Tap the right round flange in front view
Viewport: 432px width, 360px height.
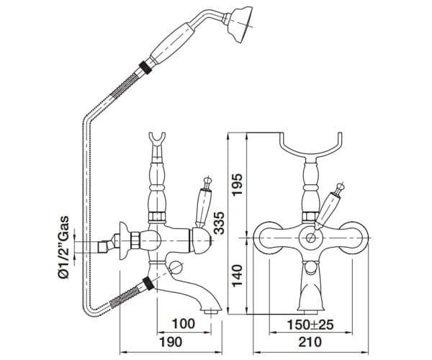pos(351,236)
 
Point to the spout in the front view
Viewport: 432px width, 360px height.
pos(312,288)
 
